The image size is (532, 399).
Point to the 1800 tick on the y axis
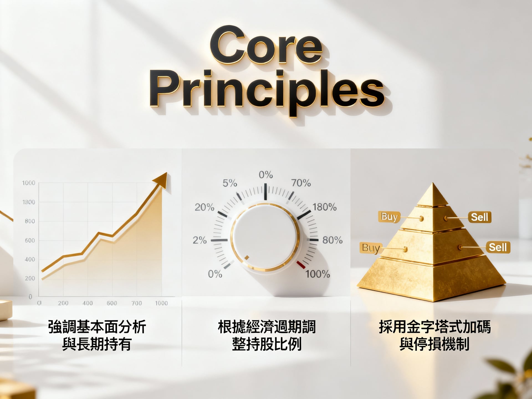29,202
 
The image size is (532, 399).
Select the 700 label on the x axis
137,303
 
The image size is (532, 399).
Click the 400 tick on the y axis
30,259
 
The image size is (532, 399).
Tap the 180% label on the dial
324,207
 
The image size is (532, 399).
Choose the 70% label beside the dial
301,183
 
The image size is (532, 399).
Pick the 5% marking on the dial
230,183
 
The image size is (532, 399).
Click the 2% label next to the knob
200,240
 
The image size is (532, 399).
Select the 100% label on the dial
318,274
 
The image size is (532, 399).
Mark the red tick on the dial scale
301,265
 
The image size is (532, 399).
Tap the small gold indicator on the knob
247,258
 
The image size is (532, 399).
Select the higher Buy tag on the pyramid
389,217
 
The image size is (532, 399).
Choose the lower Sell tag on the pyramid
498,247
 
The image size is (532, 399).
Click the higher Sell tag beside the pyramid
479,217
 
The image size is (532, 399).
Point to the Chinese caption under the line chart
97,335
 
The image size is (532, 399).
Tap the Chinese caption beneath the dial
267,335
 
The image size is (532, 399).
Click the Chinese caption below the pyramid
434,335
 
